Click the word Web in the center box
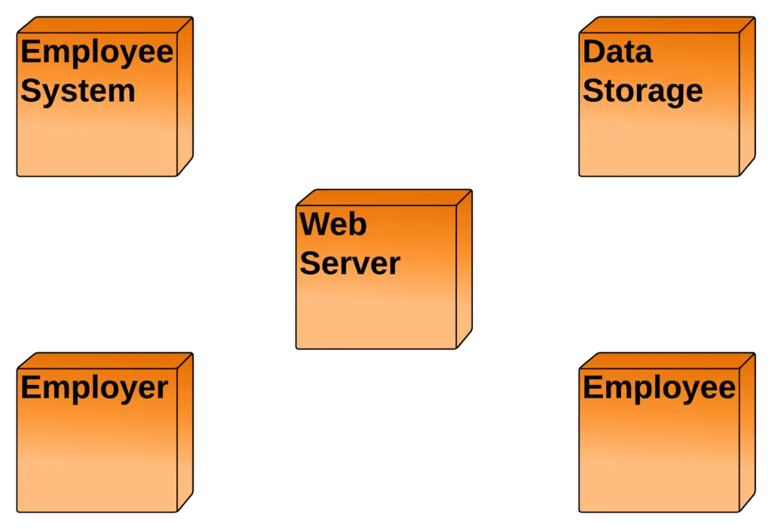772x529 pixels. pos(333,225)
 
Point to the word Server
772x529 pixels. pos(350,264)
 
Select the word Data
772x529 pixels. pos(617,52)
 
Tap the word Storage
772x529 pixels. pos(642,91)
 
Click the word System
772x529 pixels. pos(78,91)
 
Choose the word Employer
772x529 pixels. pos(94,388)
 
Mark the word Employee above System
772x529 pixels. pos(96,53)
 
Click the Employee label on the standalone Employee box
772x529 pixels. pos(659,388)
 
